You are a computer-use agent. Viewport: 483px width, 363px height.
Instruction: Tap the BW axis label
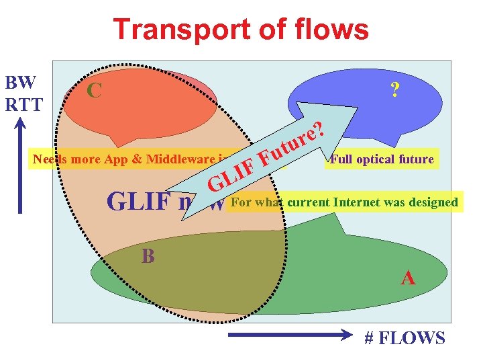[19, 83]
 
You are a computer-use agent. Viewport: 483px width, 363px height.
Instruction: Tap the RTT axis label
[23, 104]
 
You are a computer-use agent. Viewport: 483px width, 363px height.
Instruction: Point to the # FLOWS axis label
[405, 337]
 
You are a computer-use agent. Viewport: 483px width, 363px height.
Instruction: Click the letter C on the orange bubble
[94, 89]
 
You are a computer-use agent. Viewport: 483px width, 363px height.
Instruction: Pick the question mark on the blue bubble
[395, 90]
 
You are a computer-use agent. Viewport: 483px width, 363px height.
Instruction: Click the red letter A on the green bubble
[407, 277]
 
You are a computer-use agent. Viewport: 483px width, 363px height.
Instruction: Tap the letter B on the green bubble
[148, 256]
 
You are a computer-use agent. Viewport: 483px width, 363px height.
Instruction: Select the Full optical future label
[382, 159]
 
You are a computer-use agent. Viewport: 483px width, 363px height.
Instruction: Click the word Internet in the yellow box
[355, 202]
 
